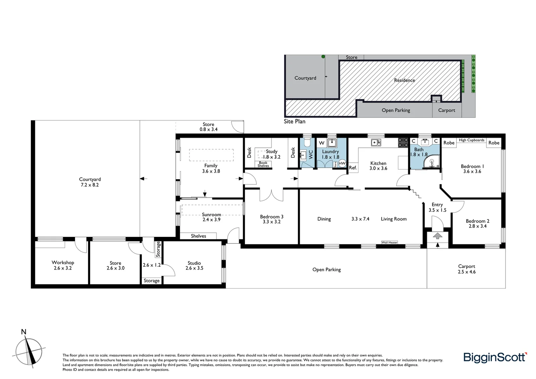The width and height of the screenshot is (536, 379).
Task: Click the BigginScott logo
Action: (x=495, y=357)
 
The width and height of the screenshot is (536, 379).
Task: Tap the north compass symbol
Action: (x=29, y=351)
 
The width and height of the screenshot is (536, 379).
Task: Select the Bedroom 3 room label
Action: (x=272, y=217)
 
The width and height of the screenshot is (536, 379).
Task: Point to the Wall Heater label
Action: (x=389, y=242)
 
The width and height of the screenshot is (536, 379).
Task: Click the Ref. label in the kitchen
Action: (x=353, y=168)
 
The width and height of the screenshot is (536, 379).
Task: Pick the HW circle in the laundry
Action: (x=342, y=164)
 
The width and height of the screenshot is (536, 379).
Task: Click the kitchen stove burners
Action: (x=402, y=142)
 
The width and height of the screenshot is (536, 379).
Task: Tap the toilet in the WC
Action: (x=307, y=142)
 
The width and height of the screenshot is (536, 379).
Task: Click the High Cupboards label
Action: (x=471, y=140)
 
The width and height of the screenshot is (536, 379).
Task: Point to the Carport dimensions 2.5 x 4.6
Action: (x=467, y=272)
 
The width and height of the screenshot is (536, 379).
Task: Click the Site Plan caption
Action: (x=294, y=121)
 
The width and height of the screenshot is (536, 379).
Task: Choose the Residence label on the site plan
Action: (x=404, y=80)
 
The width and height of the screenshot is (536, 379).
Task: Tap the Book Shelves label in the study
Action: (x=263, y=164)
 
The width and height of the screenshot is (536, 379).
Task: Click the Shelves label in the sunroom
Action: (x=198, y=236)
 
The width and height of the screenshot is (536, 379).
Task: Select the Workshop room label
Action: (x=63, y=262)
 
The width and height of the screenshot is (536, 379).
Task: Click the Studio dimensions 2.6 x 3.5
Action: (x=194, y=268)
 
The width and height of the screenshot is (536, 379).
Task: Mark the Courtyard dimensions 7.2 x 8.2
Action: (x=90, y=185)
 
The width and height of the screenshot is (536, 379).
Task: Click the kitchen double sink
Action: (x=376, y=142)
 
